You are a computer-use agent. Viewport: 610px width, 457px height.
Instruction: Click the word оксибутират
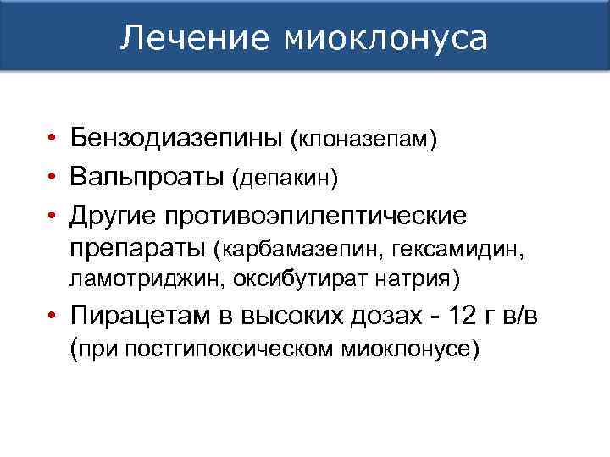281,279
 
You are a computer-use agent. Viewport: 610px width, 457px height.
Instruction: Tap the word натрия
408,279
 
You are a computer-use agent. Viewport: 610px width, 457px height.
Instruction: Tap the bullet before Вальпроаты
53,178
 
